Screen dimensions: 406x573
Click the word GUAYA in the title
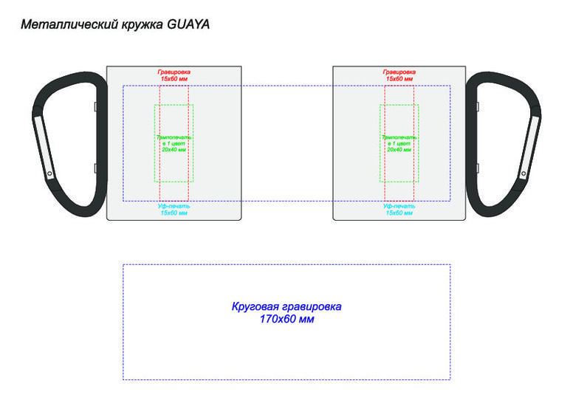click(189, 24)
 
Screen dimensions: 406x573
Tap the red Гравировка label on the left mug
click(174, 72)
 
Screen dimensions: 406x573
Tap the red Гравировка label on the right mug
click(399, 72)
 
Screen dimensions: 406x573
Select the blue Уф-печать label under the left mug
click(174, 206)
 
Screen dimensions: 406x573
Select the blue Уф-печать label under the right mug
click(399, 206)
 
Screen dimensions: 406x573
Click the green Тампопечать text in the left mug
click(174, 137)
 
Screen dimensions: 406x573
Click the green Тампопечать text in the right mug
click(399, 137)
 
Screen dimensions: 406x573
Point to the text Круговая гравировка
click(286, 306)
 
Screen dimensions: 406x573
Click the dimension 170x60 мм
click(286, 320)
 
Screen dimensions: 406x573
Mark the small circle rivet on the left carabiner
click(49, 175)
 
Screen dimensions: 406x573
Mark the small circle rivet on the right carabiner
click(524, 175)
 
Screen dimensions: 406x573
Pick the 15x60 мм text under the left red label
click(174, 78)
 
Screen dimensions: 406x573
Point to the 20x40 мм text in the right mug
click(399, 149)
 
